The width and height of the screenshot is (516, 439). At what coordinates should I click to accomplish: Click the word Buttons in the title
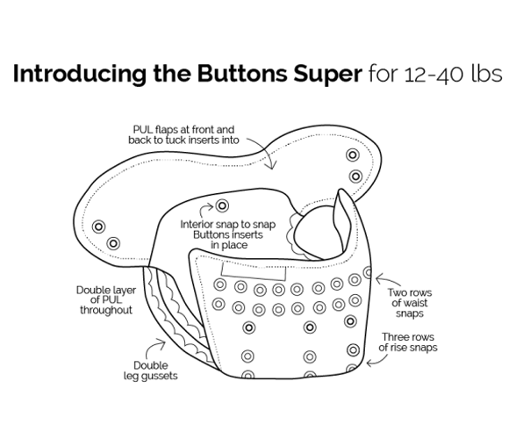pyautogui.click(x=242, y=73)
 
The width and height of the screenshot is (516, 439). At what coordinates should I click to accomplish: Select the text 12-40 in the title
pyautogui.click(x=434, y=75)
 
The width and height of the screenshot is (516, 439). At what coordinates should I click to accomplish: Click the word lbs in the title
pyautogui.click(x=487, y=74)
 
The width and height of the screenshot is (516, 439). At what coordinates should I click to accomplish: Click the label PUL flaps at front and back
pyautogui.click(x=183, y=134)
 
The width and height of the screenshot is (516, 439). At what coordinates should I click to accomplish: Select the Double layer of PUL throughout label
pyautogui.click(x=106, y=300)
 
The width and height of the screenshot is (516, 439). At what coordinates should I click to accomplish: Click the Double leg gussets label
pyautogui.click(x=151, y=371)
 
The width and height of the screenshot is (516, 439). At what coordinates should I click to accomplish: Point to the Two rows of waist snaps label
pyautogui.click(x=409, y=303)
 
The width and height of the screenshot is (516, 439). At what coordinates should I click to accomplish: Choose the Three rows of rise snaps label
pyautogui.click(x=408, y=342)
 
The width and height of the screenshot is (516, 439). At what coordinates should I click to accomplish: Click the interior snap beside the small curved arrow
pyautogui.click(x=222, y=205)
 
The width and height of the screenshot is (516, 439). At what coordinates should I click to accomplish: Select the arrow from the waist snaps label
pyautogui.click(x=388, y=279)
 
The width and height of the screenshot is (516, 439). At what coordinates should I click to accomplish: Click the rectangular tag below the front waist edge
pyautogui.click(x=254, y=272)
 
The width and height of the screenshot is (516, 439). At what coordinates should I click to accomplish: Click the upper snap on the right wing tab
pyautogui.click(x=353, y=155)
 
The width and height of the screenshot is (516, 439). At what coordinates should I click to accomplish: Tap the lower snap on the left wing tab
pyautogui.click(x=113, y=244)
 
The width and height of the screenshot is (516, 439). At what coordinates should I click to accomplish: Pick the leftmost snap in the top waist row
pyautogui.click(x=220, y=284)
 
